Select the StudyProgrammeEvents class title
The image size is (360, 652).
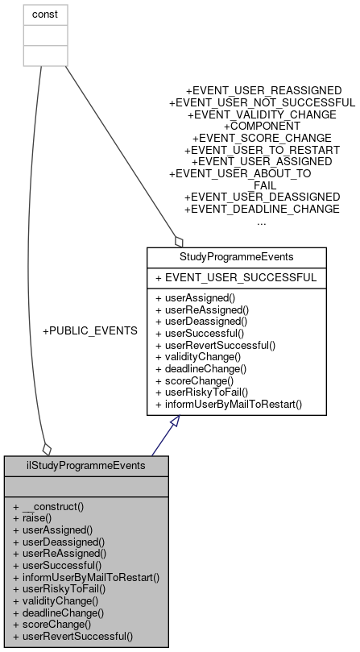236,257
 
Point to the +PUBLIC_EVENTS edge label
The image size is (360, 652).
89,330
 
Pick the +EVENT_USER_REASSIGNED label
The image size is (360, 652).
263,91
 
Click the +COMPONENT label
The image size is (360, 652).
262,127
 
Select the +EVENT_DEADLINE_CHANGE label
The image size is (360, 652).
262,210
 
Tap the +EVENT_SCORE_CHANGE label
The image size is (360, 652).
262,139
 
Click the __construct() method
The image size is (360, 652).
53,507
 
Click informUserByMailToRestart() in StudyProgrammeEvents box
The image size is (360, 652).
229,402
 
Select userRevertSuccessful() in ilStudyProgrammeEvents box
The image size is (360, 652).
73,636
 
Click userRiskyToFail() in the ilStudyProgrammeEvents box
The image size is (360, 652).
60,588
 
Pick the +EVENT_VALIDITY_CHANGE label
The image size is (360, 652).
262,115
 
